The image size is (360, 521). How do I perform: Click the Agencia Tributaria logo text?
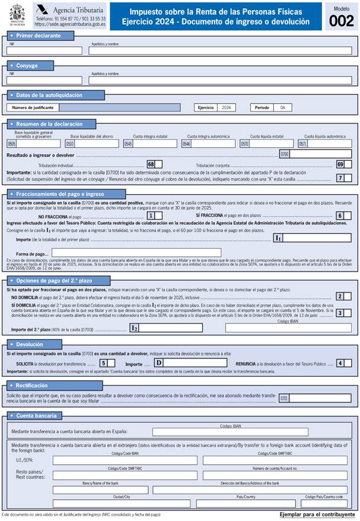(x=68, y=10)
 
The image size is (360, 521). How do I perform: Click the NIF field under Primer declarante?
(x=44, y=51)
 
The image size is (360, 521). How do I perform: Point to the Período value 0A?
(x=283, y=107)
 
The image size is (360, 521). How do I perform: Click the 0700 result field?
(x=320, y=154)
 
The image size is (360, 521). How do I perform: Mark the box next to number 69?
(x=349, y=164)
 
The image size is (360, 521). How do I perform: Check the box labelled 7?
(x=348, y=178)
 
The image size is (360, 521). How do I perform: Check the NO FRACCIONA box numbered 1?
(x=159, y=216)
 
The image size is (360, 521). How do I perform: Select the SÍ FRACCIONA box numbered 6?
(x=348, y=216)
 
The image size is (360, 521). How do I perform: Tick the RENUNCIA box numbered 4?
(x=348, y=363)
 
